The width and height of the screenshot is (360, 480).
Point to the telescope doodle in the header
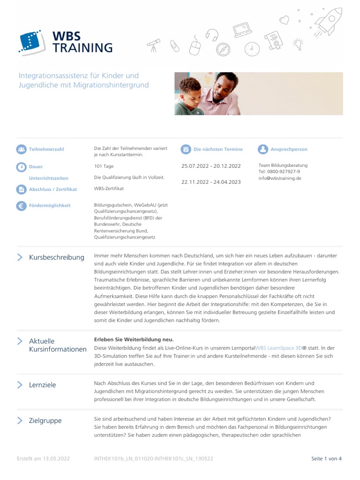pos(154,45)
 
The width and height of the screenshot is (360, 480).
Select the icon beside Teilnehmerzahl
pos(21,150)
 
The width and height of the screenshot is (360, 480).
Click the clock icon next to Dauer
pos(21,167)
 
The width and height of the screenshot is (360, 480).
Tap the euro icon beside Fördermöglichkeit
pos(21,206)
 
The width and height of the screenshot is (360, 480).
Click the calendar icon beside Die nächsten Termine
pos(186,150)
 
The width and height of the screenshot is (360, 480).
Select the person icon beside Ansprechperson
pos(262,150)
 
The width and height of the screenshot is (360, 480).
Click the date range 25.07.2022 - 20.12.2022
pos(211,166)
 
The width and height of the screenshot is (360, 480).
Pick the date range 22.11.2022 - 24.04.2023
pos(211,182)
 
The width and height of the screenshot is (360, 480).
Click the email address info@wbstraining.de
pos(280,179)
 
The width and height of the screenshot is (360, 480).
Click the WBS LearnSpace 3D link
pos(278,348)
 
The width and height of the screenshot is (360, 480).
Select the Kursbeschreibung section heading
pos(57,257)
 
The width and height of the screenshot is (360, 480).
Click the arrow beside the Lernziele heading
pos(20,385)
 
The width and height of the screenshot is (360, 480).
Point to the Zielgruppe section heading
pos(45,420)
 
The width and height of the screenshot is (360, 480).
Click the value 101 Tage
pos(104,166)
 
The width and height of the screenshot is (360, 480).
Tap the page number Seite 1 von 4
pos(326,458)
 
